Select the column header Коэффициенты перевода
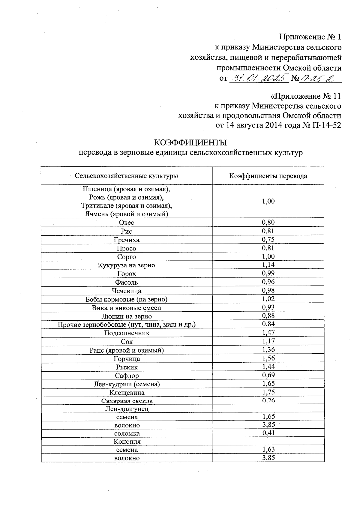(268, 176)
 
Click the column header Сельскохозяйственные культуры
(126, 176)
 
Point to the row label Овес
(126, 223)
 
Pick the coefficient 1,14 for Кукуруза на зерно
(268, 265)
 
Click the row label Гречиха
(126, 240)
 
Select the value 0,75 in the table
(268, 239)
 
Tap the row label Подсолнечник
(126, 333)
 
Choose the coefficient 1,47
(268, 332)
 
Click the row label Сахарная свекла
(127, 401)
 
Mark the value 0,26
(268, 400)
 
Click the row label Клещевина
(127, 393)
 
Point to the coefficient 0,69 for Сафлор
(268, 375)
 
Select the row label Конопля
(127, 442)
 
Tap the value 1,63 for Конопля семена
(268, 449)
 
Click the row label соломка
(127, 433)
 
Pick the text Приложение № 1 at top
(310, 37)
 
